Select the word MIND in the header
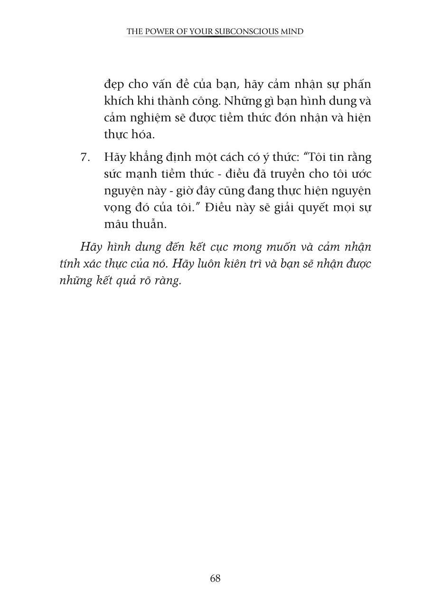pyautogui.click(x=291, y=32)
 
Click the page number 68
pyautogui.click(x=215, y=578)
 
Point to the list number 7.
pyautogui.click(x=85, y=157)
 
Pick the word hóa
pyautogui.click(x=144, y=135)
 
